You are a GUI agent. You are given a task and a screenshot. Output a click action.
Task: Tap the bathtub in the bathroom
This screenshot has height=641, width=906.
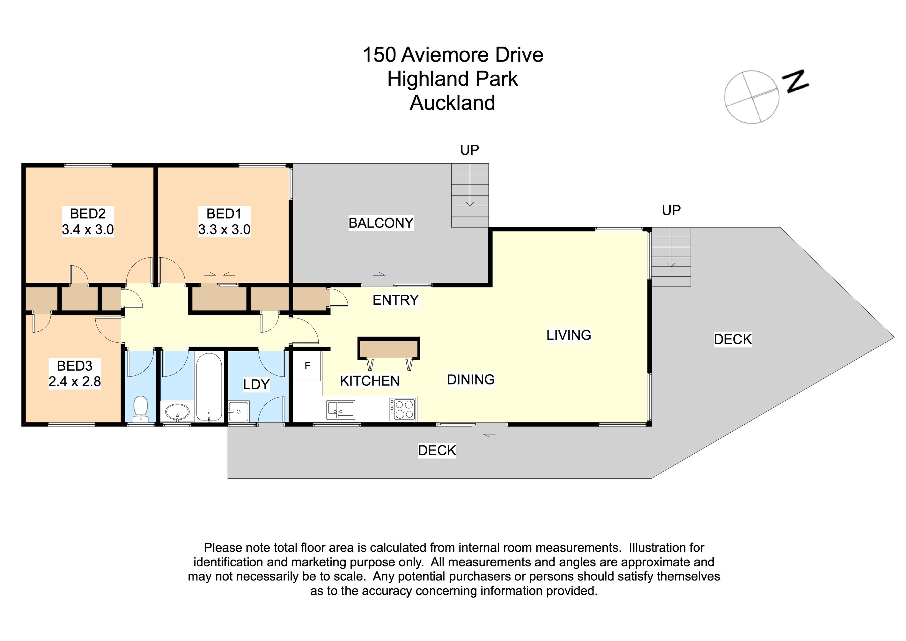coord(209,387)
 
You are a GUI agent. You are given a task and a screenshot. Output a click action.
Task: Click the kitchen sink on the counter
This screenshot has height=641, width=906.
coord(341,409)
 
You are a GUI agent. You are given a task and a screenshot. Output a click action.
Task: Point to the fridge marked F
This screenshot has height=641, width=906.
coord(307,366)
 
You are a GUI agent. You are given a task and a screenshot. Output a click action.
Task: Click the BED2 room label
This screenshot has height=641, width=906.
coord(88,214)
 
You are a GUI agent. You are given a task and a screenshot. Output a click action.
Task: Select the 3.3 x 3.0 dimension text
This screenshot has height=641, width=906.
coord(224,230)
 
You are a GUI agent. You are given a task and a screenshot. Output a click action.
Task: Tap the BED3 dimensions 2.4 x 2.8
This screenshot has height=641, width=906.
coord(75,382)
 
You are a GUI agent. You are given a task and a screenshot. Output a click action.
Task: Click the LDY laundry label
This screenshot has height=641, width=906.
coord(256,384)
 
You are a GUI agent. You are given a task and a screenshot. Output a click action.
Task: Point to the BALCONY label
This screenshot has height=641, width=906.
coord(381,223)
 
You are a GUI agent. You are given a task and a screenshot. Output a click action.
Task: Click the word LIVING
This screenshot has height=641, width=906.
coord(569,335)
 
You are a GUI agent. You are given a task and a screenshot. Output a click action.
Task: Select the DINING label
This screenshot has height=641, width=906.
coord(471,380)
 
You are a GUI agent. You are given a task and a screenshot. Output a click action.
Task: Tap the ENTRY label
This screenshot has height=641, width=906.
coord(395,300)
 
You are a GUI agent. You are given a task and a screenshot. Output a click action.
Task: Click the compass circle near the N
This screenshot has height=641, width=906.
coord(751,97)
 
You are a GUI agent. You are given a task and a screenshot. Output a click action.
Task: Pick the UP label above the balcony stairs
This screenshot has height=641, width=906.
coord(469,150)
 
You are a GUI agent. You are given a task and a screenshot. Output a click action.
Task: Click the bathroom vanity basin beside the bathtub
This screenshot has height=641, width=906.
coord(177,413)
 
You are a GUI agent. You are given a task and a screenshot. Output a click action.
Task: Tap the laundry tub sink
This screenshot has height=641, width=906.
coord(238,411)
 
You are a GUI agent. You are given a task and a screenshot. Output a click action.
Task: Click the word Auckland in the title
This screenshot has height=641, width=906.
coord(452,103)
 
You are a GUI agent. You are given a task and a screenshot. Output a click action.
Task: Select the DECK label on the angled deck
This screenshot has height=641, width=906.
coord(733,339)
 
